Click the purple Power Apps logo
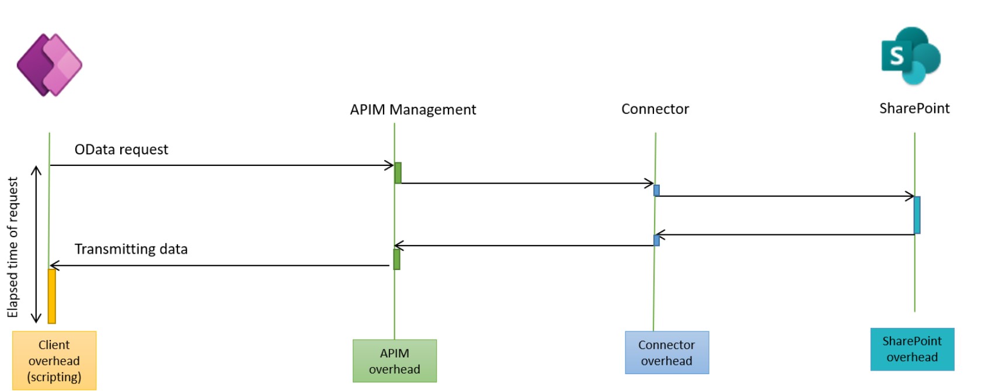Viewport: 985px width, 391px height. (x=50, y=64)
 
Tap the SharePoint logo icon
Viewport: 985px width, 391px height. (x=911, y=56)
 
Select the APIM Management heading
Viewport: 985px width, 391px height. (x=413, y=110)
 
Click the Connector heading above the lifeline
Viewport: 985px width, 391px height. (x=655, y=109)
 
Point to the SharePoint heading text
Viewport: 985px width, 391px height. (x=914, y=109)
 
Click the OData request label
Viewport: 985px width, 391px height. (x=121, y=150)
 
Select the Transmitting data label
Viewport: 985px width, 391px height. (x=131, y=250)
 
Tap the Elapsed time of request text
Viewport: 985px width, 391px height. (x=13, y=247)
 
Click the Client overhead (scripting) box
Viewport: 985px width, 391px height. (x=54, y=361)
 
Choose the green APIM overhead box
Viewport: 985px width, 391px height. (x=395, y=361)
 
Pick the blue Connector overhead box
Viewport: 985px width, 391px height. (x=667, y=353)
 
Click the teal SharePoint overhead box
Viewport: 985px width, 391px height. (x=912, y=350)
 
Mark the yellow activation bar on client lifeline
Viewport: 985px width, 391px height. (x=52, y=296)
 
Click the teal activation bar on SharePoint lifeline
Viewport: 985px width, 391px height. (x=917, y=215)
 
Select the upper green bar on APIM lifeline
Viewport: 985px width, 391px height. (x=398, y=173)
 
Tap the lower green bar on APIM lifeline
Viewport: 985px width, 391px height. (x=397, y=259)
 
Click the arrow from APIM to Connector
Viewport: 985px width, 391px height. (x=525, y=184)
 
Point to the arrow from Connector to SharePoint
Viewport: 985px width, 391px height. (x=785, y=196)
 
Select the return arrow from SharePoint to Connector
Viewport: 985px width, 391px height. (x=785, y=235)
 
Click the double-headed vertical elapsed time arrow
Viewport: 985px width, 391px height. (x=36, y=244)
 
